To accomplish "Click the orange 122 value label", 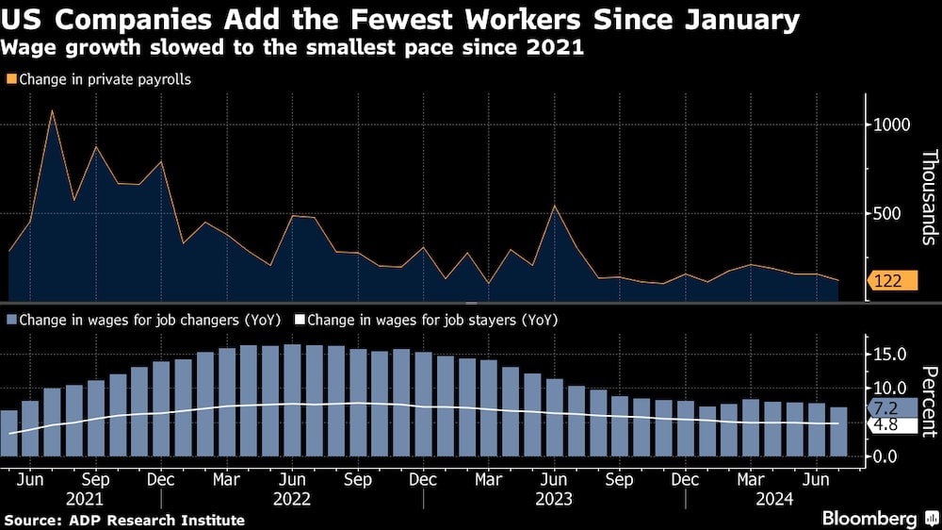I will [x=890, y=281].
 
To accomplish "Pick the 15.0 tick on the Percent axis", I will [x=889, y=354].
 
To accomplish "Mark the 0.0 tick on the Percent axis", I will [x=888, y=455].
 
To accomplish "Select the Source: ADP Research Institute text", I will [x=124, y=520].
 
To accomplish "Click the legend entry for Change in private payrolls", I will [x=99, y=79].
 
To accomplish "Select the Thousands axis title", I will [x=929, y=197].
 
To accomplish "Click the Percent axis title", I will [x=929, y=402].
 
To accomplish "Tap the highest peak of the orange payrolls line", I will [x=52, y=111].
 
